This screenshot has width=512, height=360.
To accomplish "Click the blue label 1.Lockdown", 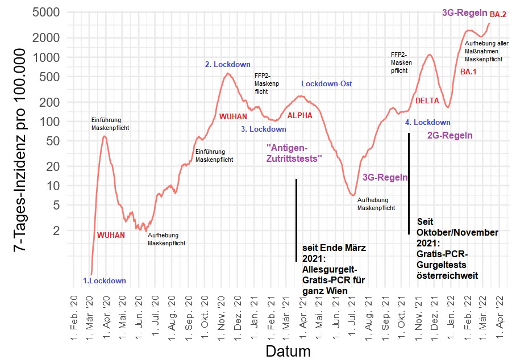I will pyautogui.click(x=105, y=281).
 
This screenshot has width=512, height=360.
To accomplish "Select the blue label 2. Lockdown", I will pyautogui.click(x=227, y=65).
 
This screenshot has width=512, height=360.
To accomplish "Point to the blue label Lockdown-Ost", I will pyautogui.click(x=327, y=83).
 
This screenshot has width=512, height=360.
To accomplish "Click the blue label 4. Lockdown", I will pyautogui.click(x=427, y=122).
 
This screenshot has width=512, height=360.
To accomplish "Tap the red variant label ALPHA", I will pyautogui.click(x=300, y=115).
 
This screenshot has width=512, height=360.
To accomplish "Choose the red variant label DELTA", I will pyautogui.click(x=427, y=101).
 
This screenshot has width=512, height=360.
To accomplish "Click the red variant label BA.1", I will pyautogui.click(x=469, y=72).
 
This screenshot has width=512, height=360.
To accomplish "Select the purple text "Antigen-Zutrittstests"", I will pyautogui.click(x=294, y=153).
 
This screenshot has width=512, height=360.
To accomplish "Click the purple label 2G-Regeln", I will pyautogui.click(x=449, y=136).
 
